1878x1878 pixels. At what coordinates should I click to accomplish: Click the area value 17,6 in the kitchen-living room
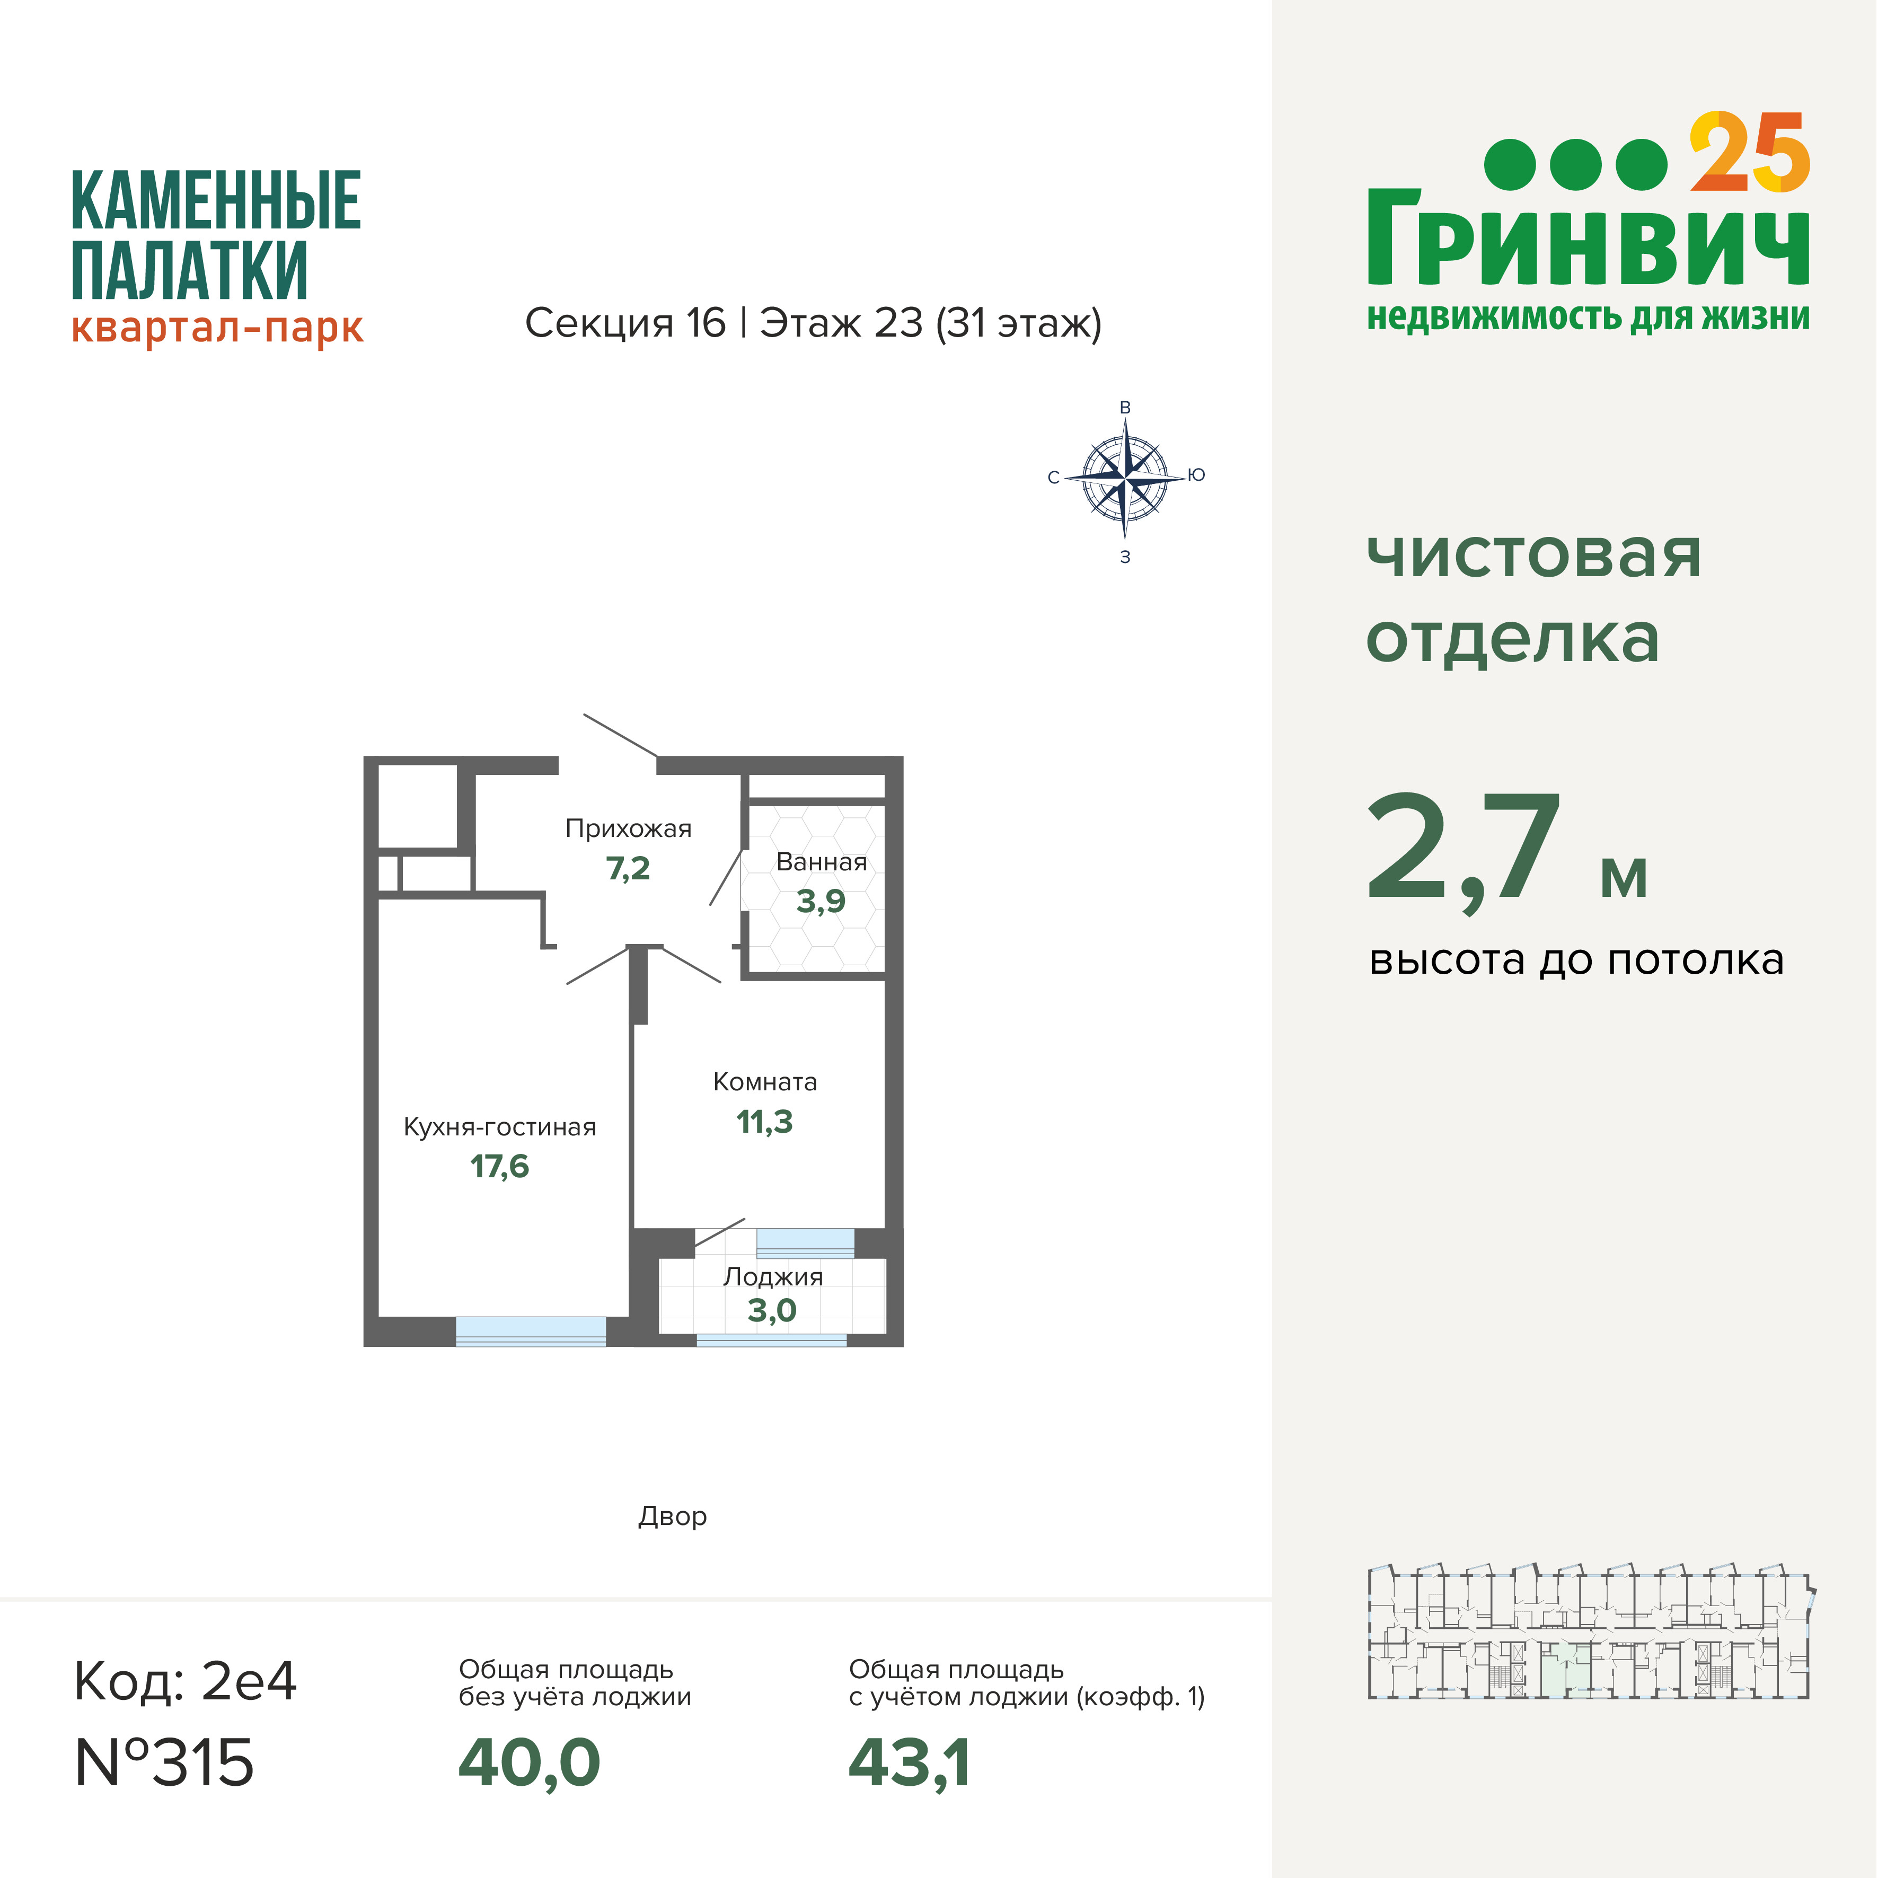click(x=500, y=1167)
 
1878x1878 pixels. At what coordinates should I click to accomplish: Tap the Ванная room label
click(x=822, y=862)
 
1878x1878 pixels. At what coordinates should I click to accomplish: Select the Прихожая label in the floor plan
click(x=628, y=829)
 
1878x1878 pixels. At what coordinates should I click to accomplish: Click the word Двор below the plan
click(x=673, y=1516)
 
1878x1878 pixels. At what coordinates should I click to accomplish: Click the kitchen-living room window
click(x=531, y=1331)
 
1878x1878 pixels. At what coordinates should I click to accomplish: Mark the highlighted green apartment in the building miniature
click(x=1565, y=1669)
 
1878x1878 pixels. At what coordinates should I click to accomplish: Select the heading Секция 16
click(x=625, y=323)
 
